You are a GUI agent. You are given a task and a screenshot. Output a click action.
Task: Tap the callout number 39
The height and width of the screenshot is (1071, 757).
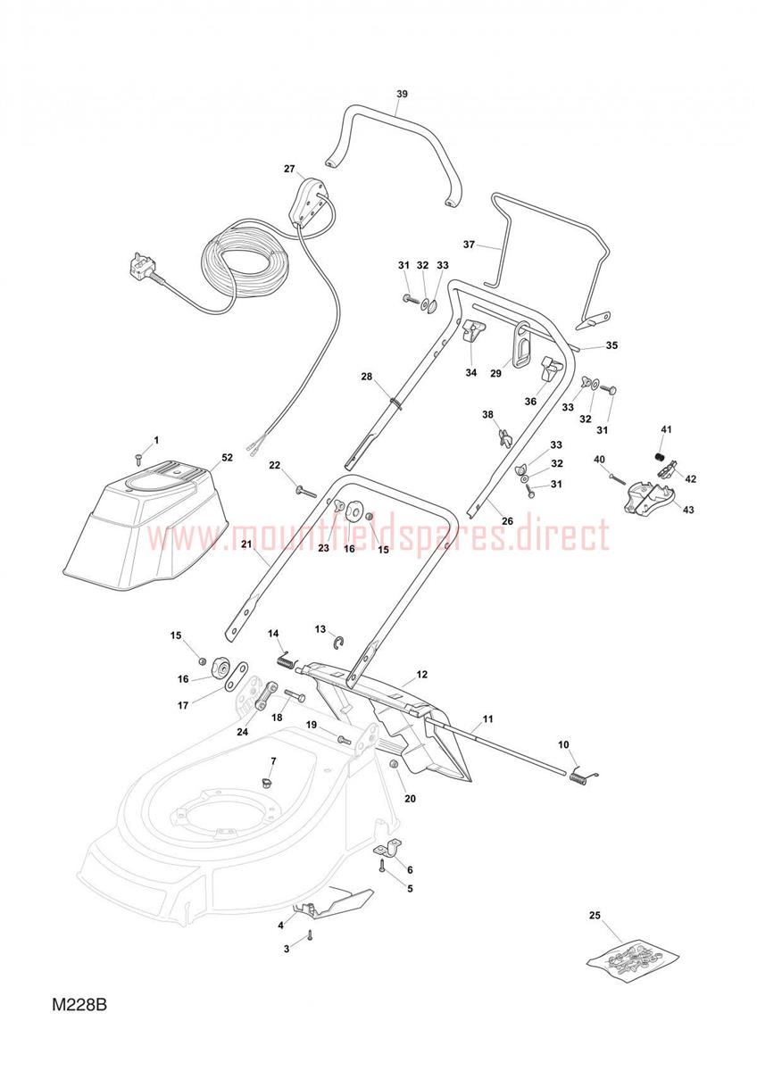click(x=402, y=94)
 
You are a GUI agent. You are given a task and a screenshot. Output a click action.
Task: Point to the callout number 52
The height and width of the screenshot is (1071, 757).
click(x=227, y=458)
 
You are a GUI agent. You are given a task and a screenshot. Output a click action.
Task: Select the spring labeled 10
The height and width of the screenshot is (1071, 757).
click(x=583, y=777)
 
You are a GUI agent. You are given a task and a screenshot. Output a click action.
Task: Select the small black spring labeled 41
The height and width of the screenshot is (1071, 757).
click(x=660, y=457)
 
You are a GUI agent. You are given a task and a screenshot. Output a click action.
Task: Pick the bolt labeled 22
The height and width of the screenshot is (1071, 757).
click(x=306, y=491)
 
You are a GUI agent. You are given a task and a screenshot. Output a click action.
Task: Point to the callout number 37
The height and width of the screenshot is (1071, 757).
click(x=469, y=245)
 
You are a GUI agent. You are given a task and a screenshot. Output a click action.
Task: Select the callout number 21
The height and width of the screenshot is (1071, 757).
click(x=246, y=544)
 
